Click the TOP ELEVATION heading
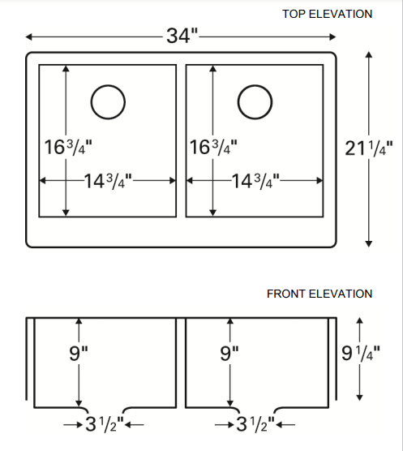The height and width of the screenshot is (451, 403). point(327,14)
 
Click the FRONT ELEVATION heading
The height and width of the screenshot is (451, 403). point(319,294)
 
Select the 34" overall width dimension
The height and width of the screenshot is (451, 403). point(182,37)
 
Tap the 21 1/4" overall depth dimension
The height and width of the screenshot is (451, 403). point(369,148)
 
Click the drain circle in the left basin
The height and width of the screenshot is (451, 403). point(108,101)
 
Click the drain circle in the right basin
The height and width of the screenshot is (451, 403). point(254,101)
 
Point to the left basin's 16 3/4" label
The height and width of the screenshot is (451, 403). point(68,148)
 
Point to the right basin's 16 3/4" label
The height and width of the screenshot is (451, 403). point(214,148)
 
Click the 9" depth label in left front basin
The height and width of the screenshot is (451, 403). point(79,354)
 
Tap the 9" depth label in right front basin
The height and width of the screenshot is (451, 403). point(231,354)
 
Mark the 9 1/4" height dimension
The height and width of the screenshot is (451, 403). point(361,354)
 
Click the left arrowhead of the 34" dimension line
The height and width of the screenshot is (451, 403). point(29,37)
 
